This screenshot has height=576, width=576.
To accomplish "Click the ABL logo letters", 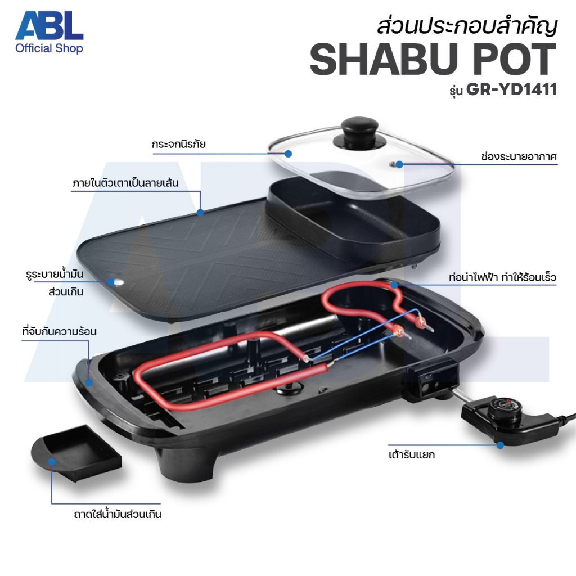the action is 49,25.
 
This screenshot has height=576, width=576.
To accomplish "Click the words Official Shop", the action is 49,48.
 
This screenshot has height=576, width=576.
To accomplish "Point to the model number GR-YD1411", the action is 511,89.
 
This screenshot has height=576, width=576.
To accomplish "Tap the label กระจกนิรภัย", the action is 178,144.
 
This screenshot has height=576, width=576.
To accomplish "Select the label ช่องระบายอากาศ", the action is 519,157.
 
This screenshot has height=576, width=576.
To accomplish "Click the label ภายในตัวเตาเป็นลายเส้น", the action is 125,183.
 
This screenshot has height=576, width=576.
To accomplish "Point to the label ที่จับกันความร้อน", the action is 60,331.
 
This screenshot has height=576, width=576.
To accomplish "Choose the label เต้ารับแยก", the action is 411,454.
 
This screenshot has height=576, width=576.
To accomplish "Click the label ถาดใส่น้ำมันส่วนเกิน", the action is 118,514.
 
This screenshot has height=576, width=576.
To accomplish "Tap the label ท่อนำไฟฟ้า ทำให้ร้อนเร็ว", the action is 502,277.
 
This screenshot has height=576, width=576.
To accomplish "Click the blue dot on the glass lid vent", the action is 399,164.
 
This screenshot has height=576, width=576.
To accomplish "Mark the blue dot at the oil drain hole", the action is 111,282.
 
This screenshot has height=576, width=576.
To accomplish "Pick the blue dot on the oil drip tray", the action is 52,462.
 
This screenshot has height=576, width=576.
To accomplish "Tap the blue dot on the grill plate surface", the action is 200,212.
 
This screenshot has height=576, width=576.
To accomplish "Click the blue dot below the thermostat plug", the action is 500,445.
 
